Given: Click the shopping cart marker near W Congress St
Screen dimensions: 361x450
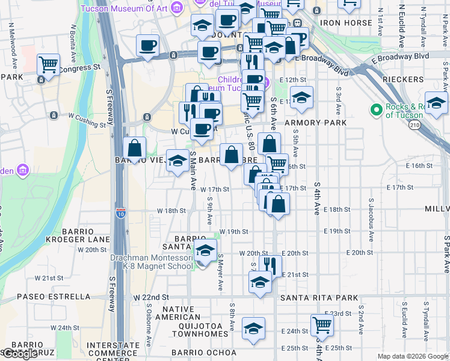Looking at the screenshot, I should tap(48, 64).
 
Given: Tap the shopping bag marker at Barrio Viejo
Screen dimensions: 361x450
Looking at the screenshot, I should tap(135, 147).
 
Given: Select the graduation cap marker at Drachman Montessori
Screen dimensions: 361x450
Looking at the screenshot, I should tap(205, 250).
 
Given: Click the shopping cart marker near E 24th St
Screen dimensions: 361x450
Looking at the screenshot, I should tap(322, 326).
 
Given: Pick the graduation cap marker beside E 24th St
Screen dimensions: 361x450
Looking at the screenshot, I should tap(253, 329).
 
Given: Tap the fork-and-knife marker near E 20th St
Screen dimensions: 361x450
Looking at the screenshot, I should tap(271, 265).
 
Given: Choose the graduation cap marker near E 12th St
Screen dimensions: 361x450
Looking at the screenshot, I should tap(301, 96).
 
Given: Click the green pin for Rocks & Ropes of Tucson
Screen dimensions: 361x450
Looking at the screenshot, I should tap(377, 110).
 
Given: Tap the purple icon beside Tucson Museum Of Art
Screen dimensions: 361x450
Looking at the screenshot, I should tap(176, 7).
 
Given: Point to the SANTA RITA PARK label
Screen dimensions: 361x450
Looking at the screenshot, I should tap(319, 298).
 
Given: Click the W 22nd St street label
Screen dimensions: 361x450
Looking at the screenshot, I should tap(150, 298).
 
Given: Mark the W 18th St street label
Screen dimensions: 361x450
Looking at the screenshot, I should tap(171, 211).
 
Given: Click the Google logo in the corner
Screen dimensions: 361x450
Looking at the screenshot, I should tap(20, 354).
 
